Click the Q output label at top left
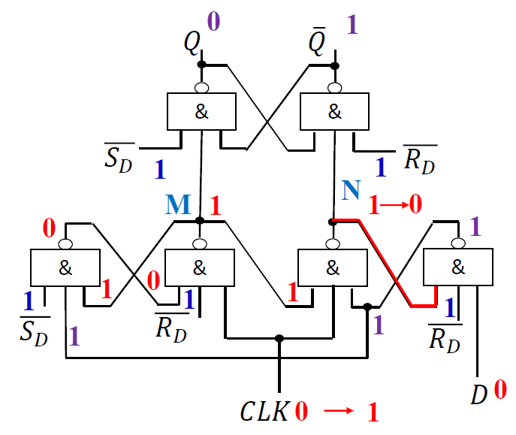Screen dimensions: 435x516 pos(192,43)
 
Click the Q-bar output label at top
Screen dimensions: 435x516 pos(318,43)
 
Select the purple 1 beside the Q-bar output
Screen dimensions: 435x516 pos(352,26)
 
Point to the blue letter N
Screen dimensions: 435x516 pos(350,190)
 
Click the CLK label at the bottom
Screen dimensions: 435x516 pos(264,412)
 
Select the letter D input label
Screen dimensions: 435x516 pos(479,395)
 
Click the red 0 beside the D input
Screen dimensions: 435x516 pos(499,391)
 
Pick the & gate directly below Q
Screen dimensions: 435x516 pos(201,112)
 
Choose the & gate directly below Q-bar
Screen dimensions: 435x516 pos(334,112)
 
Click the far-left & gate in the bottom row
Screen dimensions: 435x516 pos(65,267)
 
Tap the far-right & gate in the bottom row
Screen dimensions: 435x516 pos(457,267)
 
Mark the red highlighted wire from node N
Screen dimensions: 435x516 pos(387,263)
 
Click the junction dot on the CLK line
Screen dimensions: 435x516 pos(279,339)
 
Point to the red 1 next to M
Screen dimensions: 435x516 pos(216,205)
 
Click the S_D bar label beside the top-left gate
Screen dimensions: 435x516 pos(119,156)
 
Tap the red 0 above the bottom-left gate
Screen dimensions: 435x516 pos(49,228)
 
